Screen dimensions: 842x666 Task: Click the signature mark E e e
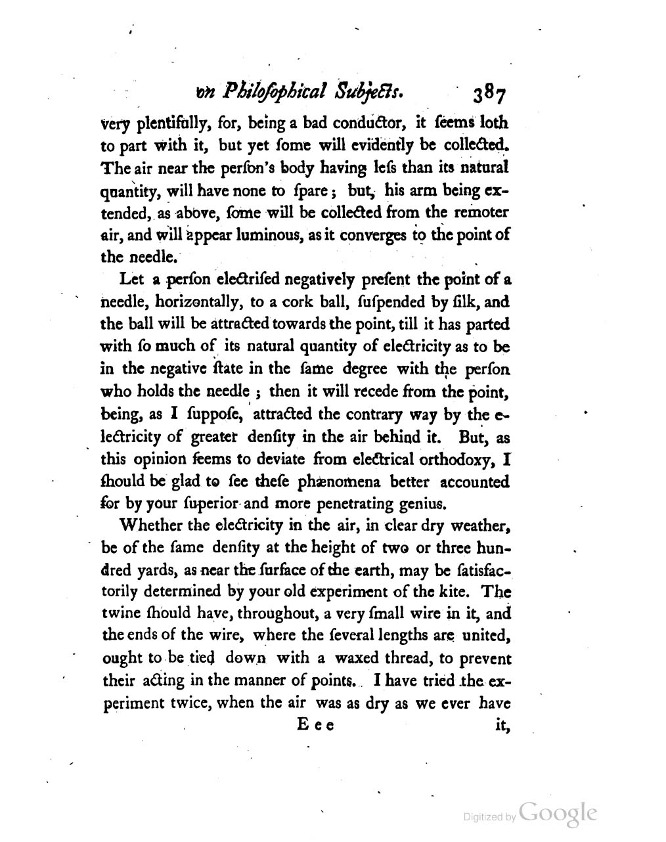coord(315,726)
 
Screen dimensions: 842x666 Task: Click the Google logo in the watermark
coord(558,814)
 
